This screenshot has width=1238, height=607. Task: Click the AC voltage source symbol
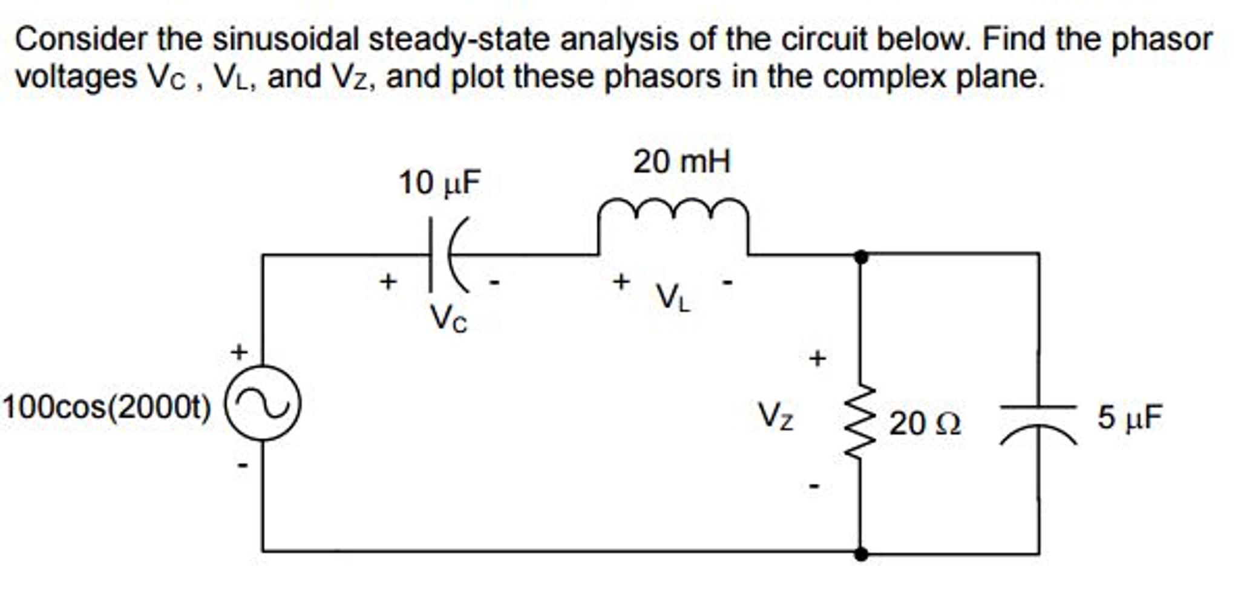click(x=263, y=403)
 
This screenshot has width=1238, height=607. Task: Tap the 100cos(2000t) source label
click(x=107, y=408)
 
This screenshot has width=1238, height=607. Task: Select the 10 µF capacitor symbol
click(x=448, y=255)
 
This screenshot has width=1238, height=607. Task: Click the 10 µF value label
click(x=439, y=183)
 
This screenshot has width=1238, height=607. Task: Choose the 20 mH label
click(x=682, y=162)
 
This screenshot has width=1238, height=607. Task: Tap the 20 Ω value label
click(x=924, y=423)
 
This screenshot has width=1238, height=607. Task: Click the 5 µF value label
click(x=1130, y=417)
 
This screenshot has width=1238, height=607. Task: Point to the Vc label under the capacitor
click(x=448, y=319)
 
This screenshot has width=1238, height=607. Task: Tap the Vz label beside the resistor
click(x=776, y=417)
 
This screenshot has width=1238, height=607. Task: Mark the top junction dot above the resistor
click(x=862, y=257)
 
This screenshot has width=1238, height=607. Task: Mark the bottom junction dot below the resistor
click(x=862, y=553)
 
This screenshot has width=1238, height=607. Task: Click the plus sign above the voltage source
click(x=240, y=351)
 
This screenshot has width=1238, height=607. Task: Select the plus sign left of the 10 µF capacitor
click(x=388, y=281)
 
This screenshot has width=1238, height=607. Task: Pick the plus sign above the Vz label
click(x=817, y=359)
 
